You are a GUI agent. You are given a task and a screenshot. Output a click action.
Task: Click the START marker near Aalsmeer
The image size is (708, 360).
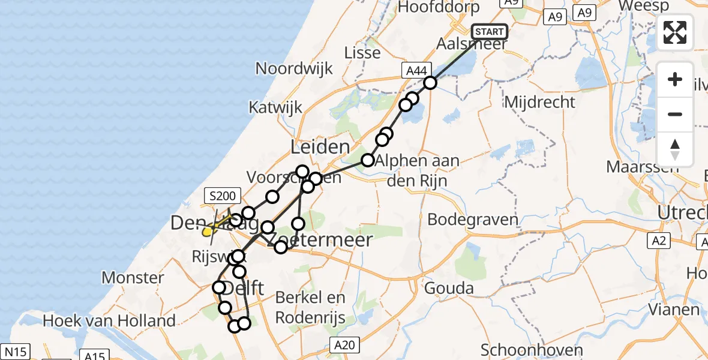pyautogui.click(x=490, y=32)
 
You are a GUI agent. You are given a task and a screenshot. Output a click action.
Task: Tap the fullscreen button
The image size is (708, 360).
pyautogui.click(x=675, y=32)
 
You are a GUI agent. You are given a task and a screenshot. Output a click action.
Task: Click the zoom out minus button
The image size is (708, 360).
pyautogui.click(x=675, y=114)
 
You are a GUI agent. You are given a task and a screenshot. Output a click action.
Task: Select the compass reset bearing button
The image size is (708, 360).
pyautogui.click(x=675, y=149)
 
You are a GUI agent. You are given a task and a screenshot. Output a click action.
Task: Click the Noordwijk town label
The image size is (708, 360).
pyautogui.click(x=294, y=68)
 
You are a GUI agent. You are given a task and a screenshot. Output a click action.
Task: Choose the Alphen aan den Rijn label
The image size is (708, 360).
pyautogui.click(x=423, y=170)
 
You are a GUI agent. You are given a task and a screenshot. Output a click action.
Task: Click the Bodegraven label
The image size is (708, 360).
pyautogui.click(x=473, y=219)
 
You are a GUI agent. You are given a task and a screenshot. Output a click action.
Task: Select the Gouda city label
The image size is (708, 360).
pyautogui.click(x=448, y=288)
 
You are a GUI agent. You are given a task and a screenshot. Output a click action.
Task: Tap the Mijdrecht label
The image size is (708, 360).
pyautogui.click(x=540, y=102)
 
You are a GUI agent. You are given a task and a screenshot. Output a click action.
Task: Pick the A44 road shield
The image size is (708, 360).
pyautogui.click(x=415, y=71)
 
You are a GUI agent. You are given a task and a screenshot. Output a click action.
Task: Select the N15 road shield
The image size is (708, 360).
pyautogui.click(x=16, y=352)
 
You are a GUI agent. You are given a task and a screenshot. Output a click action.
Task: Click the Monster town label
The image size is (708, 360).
pyautogui.click(x=133, y=278)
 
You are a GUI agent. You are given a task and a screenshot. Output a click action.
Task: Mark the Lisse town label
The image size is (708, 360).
pyautogui.click(x=362, y=53)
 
